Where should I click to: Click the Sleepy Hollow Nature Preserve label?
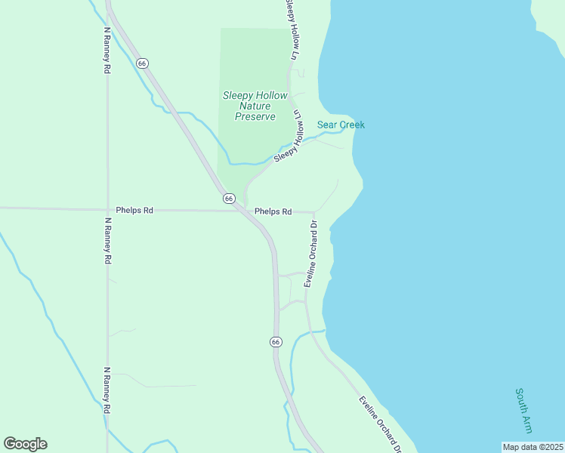point(255,106)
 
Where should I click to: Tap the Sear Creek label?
point(341,125)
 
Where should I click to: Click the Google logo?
point(25,444)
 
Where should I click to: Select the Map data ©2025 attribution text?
point(533,447)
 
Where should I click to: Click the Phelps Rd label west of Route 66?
point(134,211)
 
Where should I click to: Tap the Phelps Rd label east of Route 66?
point(273,212)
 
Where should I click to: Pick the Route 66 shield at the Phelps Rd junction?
point(229,198)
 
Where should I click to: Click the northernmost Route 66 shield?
point(142,63)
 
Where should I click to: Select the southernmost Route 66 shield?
point(276,342)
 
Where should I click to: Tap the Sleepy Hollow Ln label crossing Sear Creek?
point(289,136)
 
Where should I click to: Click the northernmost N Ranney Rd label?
point(107,51)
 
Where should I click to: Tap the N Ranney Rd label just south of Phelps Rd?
point(107,241)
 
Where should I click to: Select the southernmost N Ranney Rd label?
point(107,390)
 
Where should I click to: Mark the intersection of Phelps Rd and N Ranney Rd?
point(107,209)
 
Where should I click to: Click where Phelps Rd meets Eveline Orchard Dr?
point(313,213)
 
